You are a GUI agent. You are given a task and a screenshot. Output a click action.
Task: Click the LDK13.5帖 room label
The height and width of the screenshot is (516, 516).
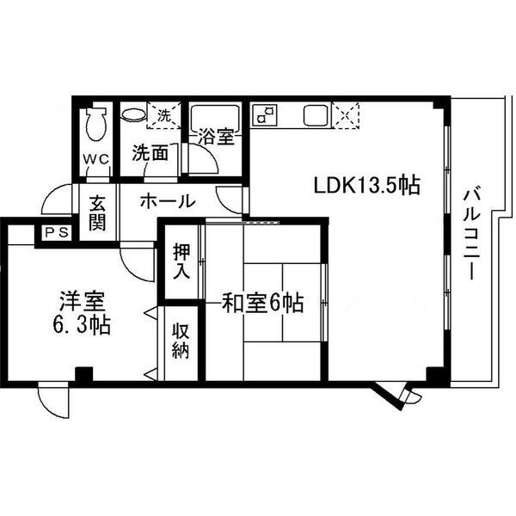click(366, 184)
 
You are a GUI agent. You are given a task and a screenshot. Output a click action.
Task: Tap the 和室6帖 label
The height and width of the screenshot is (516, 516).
click(263, 302)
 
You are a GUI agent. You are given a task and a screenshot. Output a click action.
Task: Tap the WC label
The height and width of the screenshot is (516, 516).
click(95, 160)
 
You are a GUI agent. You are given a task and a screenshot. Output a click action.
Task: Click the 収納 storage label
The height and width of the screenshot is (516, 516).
click(180, 342)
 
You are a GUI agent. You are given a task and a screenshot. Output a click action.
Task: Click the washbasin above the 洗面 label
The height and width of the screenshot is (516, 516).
click(132, 114)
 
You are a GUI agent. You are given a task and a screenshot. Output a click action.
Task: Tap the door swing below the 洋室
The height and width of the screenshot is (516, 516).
click(52, 401)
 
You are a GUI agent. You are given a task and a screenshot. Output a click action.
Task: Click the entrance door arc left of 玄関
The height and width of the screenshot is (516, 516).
click(57, 202)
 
